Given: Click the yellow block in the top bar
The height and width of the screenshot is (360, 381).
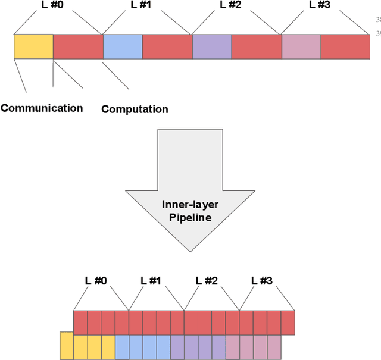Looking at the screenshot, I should click(33, 46).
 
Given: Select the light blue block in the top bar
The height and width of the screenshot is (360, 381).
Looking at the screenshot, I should click(123, 46).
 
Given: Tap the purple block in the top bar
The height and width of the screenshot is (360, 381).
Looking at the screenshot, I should click(212, 46).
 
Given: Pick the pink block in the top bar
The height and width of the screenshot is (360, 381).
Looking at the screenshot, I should click(301, 46).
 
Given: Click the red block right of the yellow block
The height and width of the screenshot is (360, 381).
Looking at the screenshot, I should click(78, 46).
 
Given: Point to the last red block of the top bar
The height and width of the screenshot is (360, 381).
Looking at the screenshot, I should click(346, 46).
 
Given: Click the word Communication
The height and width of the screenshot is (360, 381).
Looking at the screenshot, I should click(42, 108).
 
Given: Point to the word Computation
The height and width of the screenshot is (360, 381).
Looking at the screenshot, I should click(135, 109).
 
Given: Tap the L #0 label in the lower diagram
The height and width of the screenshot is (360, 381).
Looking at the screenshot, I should click(96, 281).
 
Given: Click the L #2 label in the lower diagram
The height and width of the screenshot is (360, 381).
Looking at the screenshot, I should click(207, 281).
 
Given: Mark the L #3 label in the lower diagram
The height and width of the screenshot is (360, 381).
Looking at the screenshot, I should click(262, 281).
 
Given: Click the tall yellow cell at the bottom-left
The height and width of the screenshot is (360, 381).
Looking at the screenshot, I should click(67, 346).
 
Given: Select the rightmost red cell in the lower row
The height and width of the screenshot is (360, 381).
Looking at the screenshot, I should click(288, 323).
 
